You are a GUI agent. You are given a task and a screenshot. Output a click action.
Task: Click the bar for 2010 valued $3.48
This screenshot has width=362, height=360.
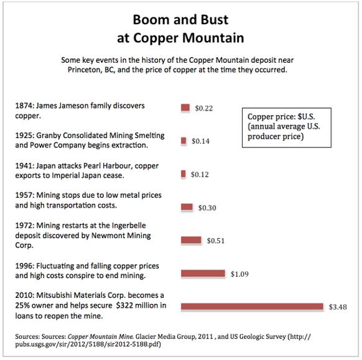(x=252, y=307)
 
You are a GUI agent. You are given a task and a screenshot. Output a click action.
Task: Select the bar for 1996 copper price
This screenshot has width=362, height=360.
(x=203, y=274)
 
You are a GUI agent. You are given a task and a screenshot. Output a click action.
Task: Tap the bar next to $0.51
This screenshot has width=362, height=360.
(x=191, y=240)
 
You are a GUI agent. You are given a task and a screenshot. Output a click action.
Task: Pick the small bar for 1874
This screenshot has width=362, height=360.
(x=185, y=108)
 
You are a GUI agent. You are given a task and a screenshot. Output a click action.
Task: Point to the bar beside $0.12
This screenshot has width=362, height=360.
(x=183, y=173)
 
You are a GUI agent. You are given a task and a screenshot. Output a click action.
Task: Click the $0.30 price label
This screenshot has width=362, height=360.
(x=207, y=208)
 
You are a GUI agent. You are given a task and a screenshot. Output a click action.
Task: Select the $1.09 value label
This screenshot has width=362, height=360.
(x=239, y=274)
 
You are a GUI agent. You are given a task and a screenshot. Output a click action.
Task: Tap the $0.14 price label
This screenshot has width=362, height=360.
(x=201, y=141)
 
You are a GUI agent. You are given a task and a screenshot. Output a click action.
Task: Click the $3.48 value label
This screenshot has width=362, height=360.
(x=338, y=307)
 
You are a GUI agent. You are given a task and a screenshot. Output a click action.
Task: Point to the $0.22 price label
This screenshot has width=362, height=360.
(x=204, y=108)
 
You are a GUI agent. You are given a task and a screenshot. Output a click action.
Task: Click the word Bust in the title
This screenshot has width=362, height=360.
(x=214, y=20)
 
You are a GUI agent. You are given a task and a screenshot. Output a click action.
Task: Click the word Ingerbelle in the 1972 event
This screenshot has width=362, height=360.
(x=129, y=226)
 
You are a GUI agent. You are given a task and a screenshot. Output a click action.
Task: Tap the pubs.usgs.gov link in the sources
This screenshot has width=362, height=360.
(x=88, y=344)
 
